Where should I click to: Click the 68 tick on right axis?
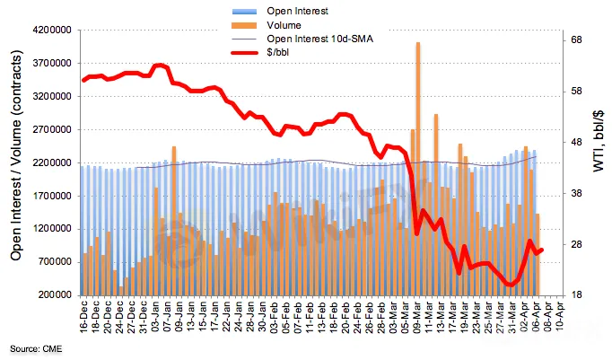pos(577,40)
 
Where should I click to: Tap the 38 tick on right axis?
pos(577,193)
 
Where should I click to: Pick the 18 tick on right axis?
pos(577,294)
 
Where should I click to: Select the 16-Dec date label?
pos(84,315)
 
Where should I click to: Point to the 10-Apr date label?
pos(558,315)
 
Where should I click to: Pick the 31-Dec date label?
pos(144,315)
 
